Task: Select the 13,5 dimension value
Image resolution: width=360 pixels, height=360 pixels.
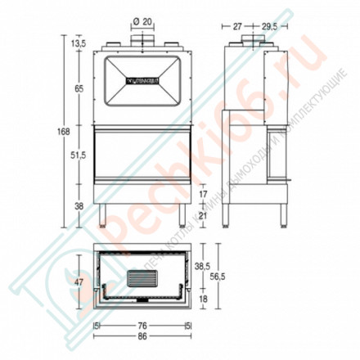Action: [x=79, y=43]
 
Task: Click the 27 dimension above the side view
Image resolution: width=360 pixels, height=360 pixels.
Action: [x=236, y=26]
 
